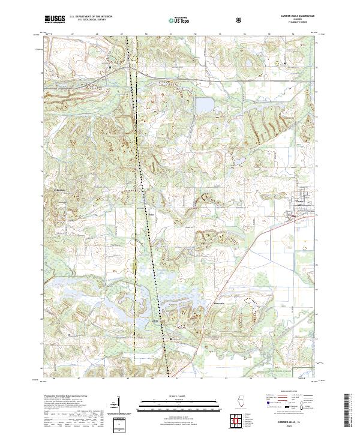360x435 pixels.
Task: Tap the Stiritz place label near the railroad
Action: tap(152, 212)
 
